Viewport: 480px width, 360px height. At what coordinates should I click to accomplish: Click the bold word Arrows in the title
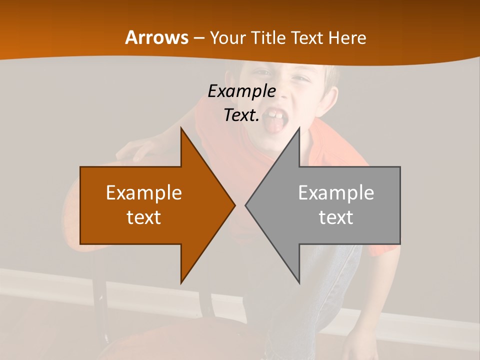pyautogui.click(x=156, y=37)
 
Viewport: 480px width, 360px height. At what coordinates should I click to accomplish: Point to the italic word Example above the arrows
pyautogui.click(x=241, y=91)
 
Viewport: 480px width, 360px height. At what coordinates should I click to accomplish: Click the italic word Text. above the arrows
pyautogui.click(x=241, y=115)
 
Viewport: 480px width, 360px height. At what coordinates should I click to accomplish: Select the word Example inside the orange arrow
pyautogui.click(x=144, y=193)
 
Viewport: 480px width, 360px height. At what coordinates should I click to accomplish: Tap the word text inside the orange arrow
pyautogui.click(x=144, y=217)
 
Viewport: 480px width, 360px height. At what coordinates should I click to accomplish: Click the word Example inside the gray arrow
pyautogui.click(x=336, y=193)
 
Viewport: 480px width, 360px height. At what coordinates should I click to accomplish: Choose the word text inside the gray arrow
pyautogui.click(x=336, y=217)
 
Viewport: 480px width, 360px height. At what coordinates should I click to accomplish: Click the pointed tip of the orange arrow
pyautogui.click(x=234, y=205)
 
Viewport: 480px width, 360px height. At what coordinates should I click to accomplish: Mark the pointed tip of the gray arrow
pyautogui.click(x=246, y=205)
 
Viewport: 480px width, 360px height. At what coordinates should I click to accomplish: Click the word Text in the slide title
pyautogui.click(x=307, y=38)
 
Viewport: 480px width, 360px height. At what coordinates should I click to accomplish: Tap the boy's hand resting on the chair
pyautogui.click(x=137, y=148)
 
